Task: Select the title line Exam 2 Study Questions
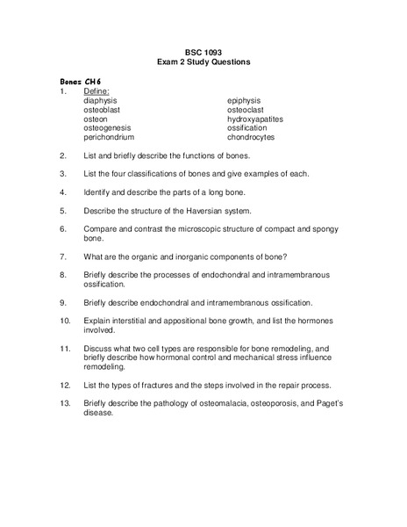coord(203,62)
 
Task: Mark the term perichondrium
coord(109,138)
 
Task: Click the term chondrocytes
coord(251,138)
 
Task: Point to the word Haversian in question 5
coord(209,211)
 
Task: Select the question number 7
coord(63,256)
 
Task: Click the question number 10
coord(65,321)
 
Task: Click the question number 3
coord(63,174)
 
